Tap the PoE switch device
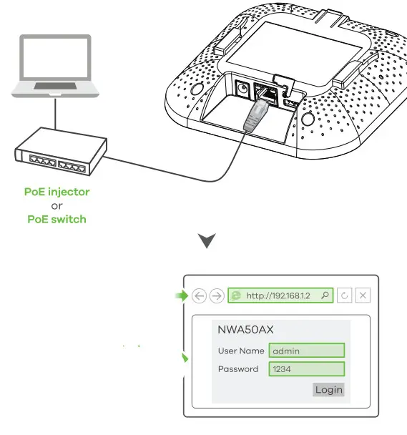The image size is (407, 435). pos(60,155)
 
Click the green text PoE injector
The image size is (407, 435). pos(57,192)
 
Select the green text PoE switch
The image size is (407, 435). pos(57,219)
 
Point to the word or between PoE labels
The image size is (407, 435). pos(57,205)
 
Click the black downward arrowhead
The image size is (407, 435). pos(207,241)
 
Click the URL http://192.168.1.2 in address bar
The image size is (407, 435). pos(278,295)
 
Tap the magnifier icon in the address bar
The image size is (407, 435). pos(325,295)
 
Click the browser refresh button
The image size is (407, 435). pos(345,295)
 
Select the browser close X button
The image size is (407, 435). pos(363,295)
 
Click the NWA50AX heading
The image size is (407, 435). pos(245,330)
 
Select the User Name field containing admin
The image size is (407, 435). pos(307,351)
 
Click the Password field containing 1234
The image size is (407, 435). pos(307,369)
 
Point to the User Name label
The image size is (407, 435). pos(241,351)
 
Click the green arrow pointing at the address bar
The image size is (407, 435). pos(180,294)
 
